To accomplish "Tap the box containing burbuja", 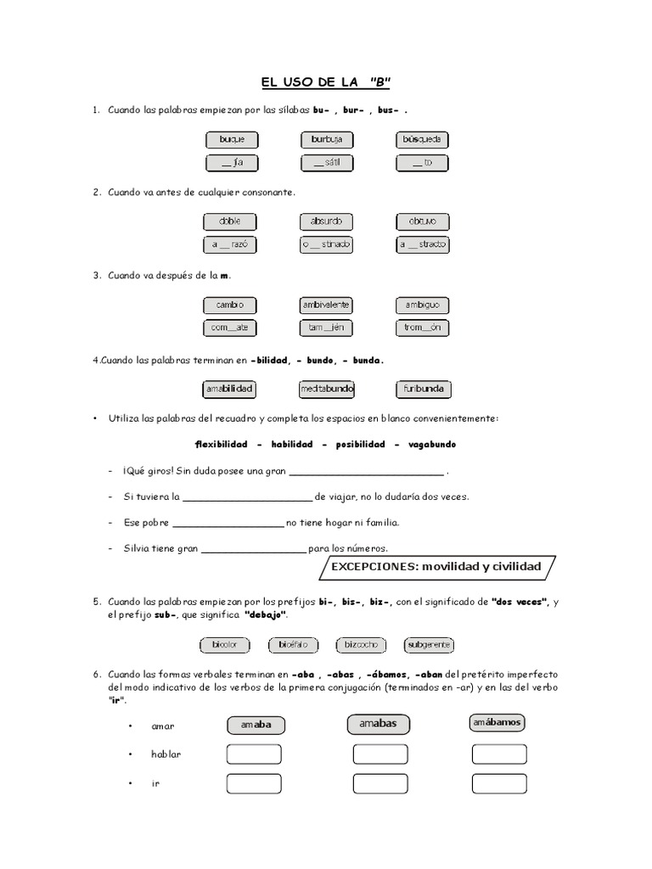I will tap(327, 139).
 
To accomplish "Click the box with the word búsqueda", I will tap(422, 139).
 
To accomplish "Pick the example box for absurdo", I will tap(327, 221).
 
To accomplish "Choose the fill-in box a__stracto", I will tap(422, 244).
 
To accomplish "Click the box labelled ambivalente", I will tap(327, 305).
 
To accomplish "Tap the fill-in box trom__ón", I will tap(422, 328).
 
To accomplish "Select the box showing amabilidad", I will tap(230, 390).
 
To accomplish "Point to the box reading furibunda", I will tap(422, 390).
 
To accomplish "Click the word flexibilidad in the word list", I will tap(222, 445).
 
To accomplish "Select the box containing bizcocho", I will tap(362, 645).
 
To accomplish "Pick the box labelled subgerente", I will tap(429, 645).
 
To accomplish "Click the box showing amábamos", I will tap(497, 722).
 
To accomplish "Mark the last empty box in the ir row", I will tap(499, 783).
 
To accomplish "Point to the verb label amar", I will tap(162, 726).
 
